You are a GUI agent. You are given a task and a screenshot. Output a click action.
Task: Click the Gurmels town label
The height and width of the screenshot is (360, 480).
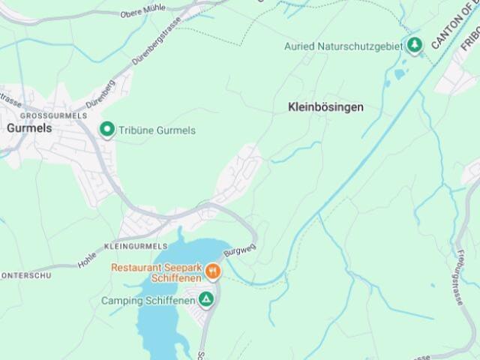29,128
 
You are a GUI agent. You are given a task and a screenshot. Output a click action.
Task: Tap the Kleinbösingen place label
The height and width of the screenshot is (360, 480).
325,107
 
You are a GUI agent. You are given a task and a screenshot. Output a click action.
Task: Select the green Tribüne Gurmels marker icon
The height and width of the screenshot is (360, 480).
107,130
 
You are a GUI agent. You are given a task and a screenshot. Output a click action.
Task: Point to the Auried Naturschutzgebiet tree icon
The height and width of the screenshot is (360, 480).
414,45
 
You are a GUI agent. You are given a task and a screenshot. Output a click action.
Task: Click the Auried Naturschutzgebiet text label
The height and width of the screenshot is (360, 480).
343,46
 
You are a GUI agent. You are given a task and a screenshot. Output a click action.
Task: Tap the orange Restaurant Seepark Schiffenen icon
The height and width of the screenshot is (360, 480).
213,271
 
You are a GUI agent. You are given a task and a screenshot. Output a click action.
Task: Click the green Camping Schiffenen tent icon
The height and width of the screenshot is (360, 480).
205,300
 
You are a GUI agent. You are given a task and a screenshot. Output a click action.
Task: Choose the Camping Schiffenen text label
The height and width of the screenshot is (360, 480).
148,301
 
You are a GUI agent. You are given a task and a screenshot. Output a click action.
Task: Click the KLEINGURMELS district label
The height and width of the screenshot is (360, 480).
136,246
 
